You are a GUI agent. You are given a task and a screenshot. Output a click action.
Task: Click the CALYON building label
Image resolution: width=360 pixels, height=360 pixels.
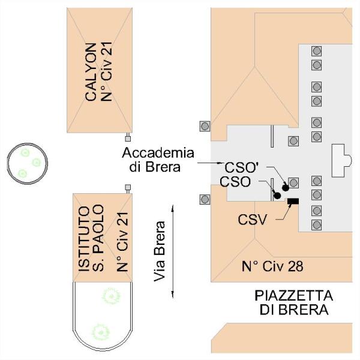coord(91,72)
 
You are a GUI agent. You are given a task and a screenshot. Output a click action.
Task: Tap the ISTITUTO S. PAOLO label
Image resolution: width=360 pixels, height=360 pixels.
coord(91,239)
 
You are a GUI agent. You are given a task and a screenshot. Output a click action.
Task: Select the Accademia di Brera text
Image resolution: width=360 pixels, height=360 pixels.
coord(158,160)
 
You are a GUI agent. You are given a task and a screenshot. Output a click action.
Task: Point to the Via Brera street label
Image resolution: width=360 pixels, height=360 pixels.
coord(160,251)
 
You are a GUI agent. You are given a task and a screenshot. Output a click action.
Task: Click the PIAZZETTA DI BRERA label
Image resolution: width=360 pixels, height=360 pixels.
coord(294,302)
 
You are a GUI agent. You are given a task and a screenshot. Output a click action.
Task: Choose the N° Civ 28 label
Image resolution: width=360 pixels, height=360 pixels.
coord(272,266)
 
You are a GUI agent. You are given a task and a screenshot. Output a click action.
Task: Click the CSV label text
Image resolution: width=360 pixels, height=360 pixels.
coord(253,220)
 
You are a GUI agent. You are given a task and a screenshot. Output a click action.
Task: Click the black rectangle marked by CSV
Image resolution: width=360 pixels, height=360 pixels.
coord(293,201)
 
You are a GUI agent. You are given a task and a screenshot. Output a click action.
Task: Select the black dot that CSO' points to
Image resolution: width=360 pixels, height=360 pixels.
coord(286,188)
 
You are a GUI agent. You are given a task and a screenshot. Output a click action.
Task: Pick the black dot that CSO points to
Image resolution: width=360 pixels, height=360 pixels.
coord(277,196)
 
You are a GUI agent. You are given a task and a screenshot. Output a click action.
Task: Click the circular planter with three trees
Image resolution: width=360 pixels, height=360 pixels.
coord(28,163)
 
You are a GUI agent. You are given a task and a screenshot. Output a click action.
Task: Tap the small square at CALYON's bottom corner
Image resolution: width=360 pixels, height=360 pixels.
coord(128,139)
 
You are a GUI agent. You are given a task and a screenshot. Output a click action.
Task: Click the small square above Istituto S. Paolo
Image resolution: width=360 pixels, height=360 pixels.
coord(128,187)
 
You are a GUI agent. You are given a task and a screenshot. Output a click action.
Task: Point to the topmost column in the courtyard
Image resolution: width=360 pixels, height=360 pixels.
coord(317,51)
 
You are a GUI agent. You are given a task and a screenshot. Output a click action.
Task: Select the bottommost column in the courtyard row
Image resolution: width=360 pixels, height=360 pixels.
coord(317,225)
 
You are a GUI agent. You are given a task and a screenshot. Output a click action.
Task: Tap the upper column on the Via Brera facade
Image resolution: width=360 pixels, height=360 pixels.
coord(205,126)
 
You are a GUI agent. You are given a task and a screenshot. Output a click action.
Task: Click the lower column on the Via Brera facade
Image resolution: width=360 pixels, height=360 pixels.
coord(205,199)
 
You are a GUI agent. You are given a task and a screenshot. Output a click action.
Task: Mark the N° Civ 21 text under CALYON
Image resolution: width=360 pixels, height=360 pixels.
coord(107,71)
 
